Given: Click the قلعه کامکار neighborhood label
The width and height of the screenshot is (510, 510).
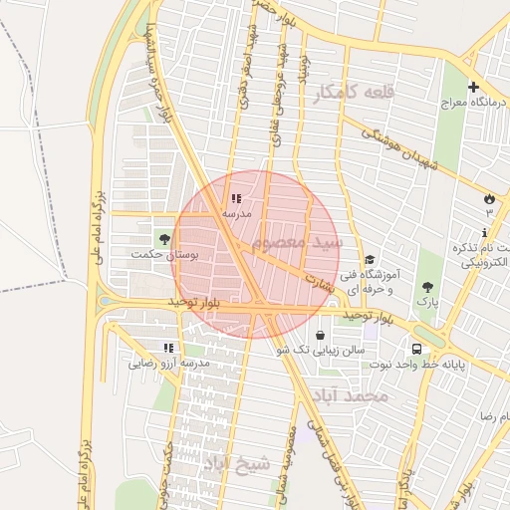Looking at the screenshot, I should [x=354, y=93].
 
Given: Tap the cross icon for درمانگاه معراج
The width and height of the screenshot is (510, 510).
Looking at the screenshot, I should [x=473, y=88].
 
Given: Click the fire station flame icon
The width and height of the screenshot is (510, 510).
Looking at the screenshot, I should [x=488, y=198].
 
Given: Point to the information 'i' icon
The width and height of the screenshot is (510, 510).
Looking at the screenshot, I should [x=484, y=232].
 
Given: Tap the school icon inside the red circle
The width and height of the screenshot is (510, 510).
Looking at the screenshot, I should [x=236, y=199].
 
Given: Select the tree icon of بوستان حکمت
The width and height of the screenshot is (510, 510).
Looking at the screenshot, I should [x=163, y=239].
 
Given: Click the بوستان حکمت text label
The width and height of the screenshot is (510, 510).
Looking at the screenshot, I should [x=164, y=255].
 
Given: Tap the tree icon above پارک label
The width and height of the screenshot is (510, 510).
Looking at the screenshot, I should [x=427, y=286].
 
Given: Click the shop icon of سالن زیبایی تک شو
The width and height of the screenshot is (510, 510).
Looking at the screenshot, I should [x=319, y=335].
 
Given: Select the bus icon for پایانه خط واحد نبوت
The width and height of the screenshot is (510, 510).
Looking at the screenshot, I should [x=416, y=349].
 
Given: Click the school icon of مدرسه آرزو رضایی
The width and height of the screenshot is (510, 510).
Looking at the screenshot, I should [x=168, y=348].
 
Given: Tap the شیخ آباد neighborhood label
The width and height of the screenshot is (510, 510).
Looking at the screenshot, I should [x=236, y=463].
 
